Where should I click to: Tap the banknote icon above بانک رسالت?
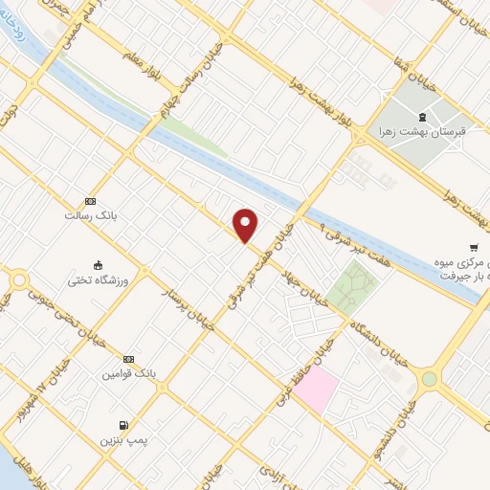point(90,201)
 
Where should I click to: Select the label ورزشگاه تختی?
point(98,281)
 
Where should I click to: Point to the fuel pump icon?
point(122,425)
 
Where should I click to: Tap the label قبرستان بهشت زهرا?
point(421,130)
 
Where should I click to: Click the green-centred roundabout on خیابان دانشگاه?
point(429,379)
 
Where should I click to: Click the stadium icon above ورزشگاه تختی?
point(98,265)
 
